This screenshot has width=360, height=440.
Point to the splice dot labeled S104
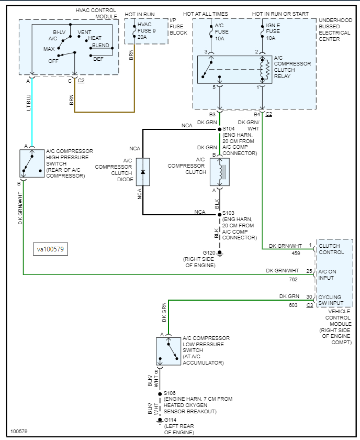(x=219, y=128)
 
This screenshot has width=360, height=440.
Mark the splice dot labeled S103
(x=219, y=214)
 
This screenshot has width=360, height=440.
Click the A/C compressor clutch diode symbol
(x=143, y=172)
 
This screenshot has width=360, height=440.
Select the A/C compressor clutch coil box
(x=219, y=172)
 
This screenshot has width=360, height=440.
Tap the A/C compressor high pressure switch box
(x=32, y=163)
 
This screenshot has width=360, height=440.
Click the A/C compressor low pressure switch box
(x=168, y=351)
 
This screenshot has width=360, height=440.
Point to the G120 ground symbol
(x=220, y=254)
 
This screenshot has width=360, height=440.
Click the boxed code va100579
(x=50, y=249)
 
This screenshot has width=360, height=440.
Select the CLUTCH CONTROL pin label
(x=331, y=249)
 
